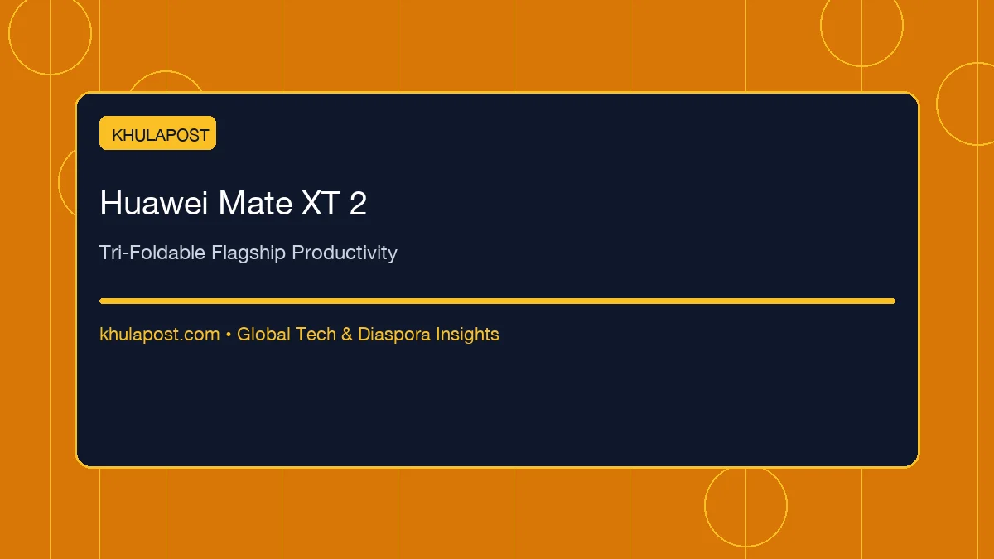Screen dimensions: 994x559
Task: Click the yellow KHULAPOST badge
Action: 157,133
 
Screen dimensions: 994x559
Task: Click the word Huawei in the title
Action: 153,203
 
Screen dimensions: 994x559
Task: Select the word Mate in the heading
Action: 255,203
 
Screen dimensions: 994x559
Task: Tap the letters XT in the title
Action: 321,203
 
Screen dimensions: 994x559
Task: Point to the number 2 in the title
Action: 358,203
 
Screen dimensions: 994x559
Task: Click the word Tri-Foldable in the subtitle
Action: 152,253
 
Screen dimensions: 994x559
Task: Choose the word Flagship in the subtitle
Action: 248,253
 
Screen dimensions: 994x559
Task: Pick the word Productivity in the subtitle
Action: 345,253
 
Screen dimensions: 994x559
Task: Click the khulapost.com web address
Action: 160,335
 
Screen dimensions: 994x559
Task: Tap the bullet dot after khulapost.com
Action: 229,335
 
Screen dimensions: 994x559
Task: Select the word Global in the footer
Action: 263,334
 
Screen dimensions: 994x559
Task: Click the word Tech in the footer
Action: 316,334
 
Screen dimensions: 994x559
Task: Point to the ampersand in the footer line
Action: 347,334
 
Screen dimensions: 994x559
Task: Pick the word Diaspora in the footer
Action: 394,335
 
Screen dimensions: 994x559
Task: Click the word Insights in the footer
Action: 467,335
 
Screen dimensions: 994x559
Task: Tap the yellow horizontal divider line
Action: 498,301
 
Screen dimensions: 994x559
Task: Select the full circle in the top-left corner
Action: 9,34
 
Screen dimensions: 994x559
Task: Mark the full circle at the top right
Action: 821,26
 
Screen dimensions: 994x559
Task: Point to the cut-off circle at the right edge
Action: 937,104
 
